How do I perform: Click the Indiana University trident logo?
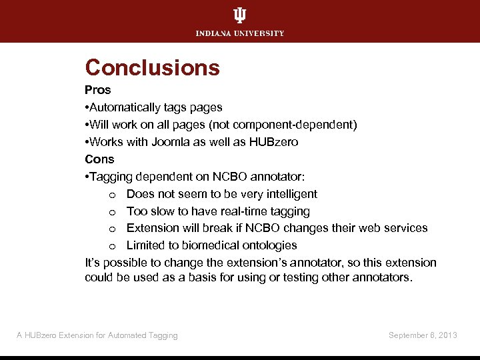click(x=239, y=16)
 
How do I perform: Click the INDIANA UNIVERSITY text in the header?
click(x=239, y=33)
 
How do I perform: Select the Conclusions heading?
click(x=152, y=67)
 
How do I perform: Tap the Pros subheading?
click(x=98, y=90)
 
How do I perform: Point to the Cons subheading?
click(x=99, y=159)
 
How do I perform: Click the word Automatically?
click(x=126, y=107)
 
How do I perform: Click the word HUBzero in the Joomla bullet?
click(x=274, y=142)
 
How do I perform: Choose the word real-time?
click(x=239, y=211)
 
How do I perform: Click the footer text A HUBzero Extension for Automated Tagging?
click(x=97, y=335)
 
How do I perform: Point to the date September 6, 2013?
click(x=423, y=335)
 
